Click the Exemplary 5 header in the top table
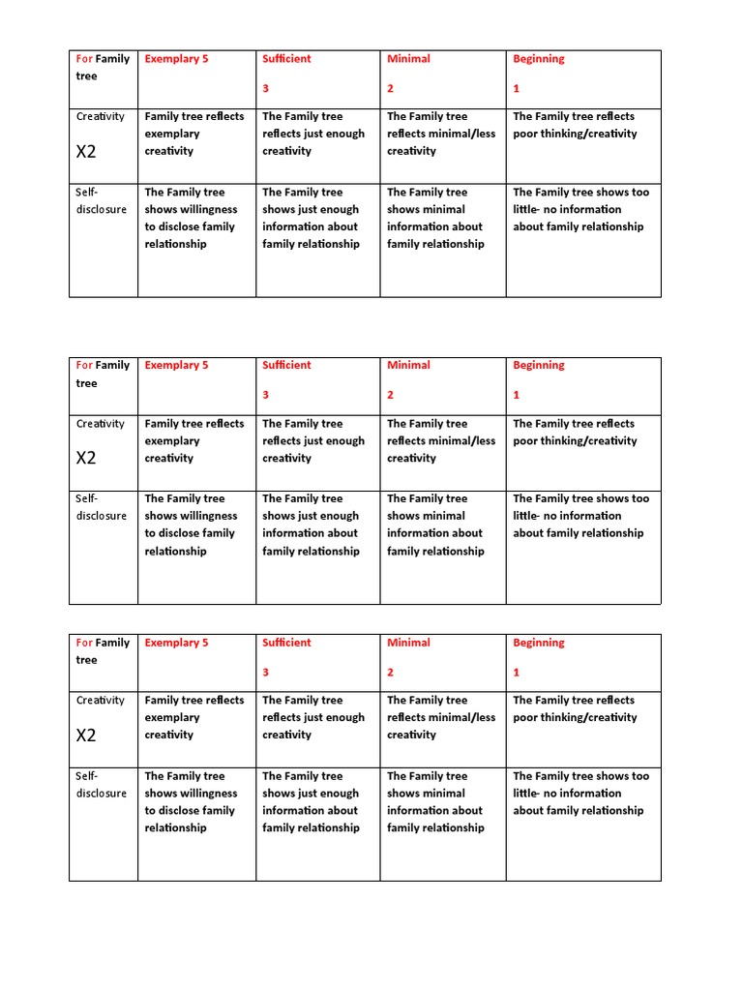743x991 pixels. (176, 59)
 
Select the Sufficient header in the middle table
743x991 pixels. (286, 366)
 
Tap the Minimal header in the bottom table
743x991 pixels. (408, 643)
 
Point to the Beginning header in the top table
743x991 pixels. (538, 59)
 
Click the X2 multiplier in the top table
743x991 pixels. (86, 152)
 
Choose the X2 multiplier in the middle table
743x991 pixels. (86, 458)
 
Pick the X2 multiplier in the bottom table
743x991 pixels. (86, 735)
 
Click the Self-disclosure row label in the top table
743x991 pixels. (102, 200)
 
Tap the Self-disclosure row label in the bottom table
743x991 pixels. (102, 784)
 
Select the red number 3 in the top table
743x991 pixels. (266, 88)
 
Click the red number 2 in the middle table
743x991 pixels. (391, 395)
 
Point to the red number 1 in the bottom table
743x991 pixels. (517, 672)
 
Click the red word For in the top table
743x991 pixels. (84, 59)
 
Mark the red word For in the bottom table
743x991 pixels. (84, 643)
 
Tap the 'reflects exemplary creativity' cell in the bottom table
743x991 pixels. (194, 717)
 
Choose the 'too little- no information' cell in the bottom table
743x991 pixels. (580, 794)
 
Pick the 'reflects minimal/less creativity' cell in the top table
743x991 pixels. (440, 134)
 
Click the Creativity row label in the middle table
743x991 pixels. (101, 424)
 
